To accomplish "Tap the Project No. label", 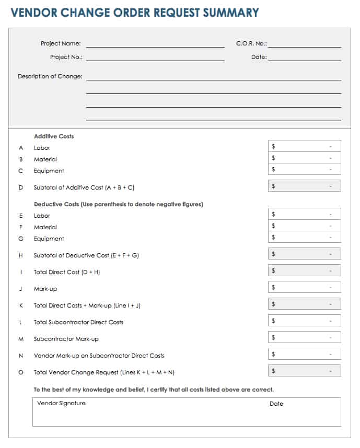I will click(66, 57).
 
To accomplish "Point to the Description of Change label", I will click(50, 76).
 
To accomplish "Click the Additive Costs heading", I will click(54, 136).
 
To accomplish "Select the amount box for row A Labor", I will click(304, 146).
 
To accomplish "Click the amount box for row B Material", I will click(304, 158).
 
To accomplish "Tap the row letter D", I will click(21, 187).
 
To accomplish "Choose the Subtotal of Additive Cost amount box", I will click(304, 186).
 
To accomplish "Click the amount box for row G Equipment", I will click(304, 237).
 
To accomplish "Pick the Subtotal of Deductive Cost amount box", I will click(304, 254).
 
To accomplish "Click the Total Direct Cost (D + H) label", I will click(67, 272).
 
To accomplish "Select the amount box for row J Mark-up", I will click(304, 287).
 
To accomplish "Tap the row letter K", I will click(21, 305).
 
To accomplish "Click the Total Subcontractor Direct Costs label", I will click(78, 322).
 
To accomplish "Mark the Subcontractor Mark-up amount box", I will click(304, 337).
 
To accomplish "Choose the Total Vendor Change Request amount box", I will click(304, 371).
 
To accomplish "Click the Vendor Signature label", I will click(61, 403).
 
